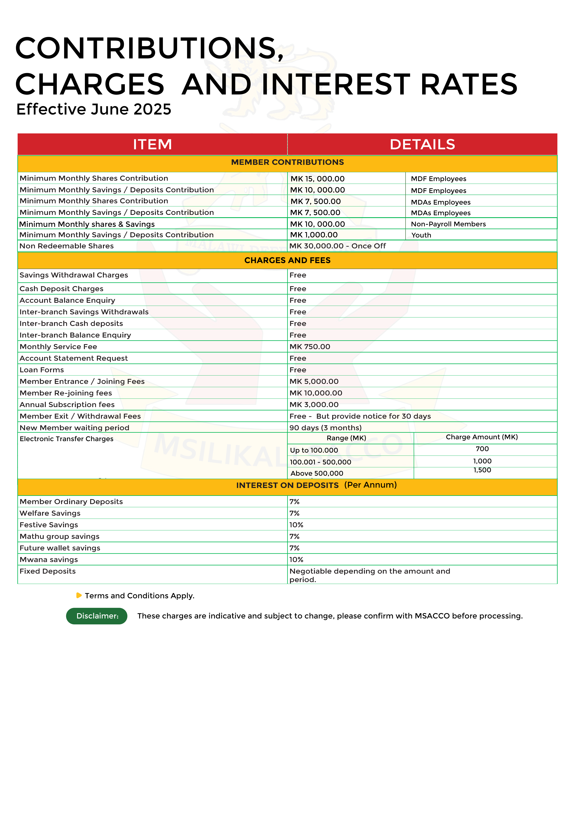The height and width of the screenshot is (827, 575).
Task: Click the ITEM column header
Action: pyautogui.click(x=152, y=144)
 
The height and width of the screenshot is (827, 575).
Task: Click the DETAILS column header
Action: pyautogui.click(x=422, y=144)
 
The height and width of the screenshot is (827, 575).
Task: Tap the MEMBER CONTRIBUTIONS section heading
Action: pyautogui.click(x=287, y=163)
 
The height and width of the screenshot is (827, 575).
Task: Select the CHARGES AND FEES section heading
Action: pyautogui.click(x=287, y=260)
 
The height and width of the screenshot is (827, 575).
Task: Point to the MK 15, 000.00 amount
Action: pyautogui.click(x=317, y=179)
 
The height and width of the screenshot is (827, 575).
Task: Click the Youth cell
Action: pyautogui.click(x=421, y=235)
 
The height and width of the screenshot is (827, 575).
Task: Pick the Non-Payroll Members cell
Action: pyautogui.click(x=448, y=224)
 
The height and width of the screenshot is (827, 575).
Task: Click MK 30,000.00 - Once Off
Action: pyautogui.click(x=338, y=246)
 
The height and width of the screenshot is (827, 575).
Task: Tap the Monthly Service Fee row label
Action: pyautogui.click(x=58, y=347)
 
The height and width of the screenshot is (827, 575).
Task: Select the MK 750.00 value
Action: pyautogui.click(x=310, y=347)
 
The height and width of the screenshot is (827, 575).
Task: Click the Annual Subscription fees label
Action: pyautogui.click(x=67, y=405)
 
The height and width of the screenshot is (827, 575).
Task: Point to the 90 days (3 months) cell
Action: pyautogui.click(x=325, y=428)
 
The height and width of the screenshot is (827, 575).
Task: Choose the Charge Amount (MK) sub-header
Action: pyautogui.click(x=482, y=437)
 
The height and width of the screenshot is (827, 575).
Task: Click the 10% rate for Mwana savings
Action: pyautogui.click(x=296, y=560)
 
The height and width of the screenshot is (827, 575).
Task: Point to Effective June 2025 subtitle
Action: pyautogui.click(x=94, y=110)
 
